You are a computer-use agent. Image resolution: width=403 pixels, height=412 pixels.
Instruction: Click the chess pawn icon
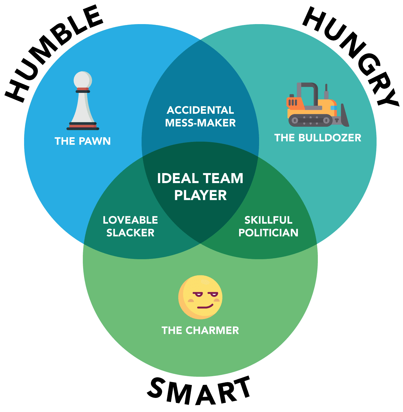83,101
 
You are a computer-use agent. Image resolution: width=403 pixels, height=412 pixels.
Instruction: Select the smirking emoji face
200,297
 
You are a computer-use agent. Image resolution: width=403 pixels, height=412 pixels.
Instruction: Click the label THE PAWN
83,141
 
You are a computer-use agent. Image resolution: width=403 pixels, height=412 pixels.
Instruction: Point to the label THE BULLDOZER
318,138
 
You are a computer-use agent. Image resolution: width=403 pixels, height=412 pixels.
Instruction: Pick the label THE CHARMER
200,331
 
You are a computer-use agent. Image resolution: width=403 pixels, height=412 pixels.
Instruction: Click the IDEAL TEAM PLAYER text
200,187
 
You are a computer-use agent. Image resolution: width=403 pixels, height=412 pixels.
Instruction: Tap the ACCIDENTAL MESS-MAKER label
200,116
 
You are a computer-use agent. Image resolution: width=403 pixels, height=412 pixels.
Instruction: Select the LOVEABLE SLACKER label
130,226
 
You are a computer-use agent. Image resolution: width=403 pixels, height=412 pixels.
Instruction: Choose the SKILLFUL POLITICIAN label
268,226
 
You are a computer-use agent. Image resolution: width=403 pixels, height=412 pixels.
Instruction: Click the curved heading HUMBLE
53,53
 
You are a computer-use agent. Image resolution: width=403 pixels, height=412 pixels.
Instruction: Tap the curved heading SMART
200,391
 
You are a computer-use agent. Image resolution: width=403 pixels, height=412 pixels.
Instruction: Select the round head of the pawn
83,80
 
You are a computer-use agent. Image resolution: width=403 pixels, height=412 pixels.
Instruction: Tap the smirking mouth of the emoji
205,307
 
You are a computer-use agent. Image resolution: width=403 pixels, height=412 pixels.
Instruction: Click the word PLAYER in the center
200,195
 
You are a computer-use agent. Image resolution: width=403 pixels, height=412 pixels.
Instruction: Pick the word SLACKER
130,233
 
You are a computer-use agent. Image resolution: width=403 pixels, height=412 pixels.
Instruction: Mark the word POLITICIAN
268,233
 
